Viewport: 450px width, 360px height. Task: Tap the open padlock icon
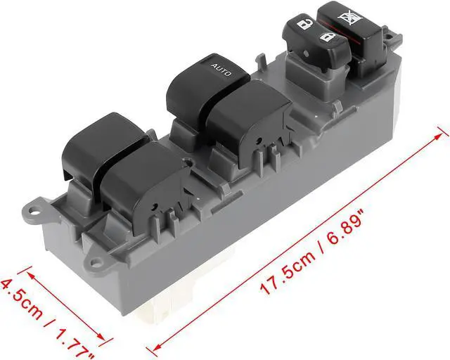(x=304, y=24)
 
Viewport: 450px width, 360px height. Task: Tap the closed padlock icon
(x=326, y=37)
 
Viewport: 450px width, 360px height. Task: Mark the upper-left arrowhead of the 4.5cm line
(x=29, y=268)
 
